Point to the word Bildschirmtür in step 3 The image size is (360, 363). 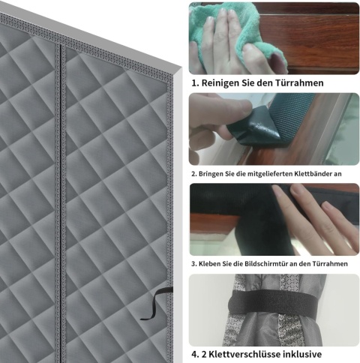click(x=263, y=264)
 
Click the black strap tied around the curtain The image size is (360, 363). click(x=271, y=302)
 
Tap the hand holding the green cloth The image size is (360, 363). click(x=220, y=43)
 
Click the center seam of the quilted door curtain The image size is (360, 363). click(x=61, y=200)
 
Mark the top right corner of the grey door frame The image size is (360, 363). click(x=181, y=67)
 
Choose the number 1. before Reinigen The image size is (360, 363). click(x=195, y=83)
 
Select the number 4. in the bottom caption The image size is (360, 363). click(x=195, y=354)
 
